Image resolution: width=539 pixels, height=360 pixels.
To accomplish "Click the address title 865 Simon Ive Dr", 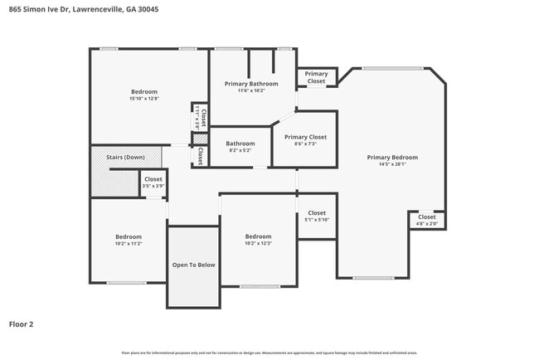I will [x=83, y=9].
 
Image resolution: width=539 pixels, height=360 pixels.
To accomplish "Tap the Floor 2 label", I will [x=22, y=324].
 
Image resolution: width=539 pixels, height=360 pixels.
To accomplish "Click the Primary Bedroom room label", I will [x=392, y=157].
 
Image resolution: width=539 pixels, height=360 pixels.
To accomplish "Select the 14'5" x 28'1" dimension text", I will [x=392, y=164].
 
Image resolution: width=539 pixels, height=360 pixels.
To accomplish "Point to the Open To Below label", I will [x=193, y=265].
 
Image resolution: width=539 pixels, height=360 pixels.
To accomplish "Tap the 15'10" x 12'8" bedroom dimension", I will [x=143, y=99].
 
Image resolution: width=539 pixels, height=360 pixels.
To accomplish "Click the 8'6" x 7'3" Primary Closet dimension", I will [x=305, y=144].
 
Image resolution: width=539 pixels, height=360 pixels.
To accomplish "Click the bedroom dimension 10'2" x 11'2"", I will [x=129, y=244].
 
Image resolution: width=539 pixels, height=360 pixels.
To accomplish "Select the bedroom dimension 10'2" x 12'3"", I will [x=258, y=244].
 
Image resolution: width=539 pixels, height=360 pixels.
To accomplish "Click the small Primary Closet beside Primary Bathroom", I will [x=316, y=78].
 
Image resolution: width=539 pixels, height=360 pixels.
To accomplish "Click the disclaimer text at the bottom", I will [x=269, y=353].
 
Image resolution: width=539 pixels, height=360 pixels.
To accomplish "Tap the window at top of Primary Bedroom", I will [x=391, y=68].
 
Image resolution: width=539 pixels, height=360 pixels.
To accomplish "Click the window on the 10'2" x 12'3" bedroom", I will [x=260, y=286].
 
